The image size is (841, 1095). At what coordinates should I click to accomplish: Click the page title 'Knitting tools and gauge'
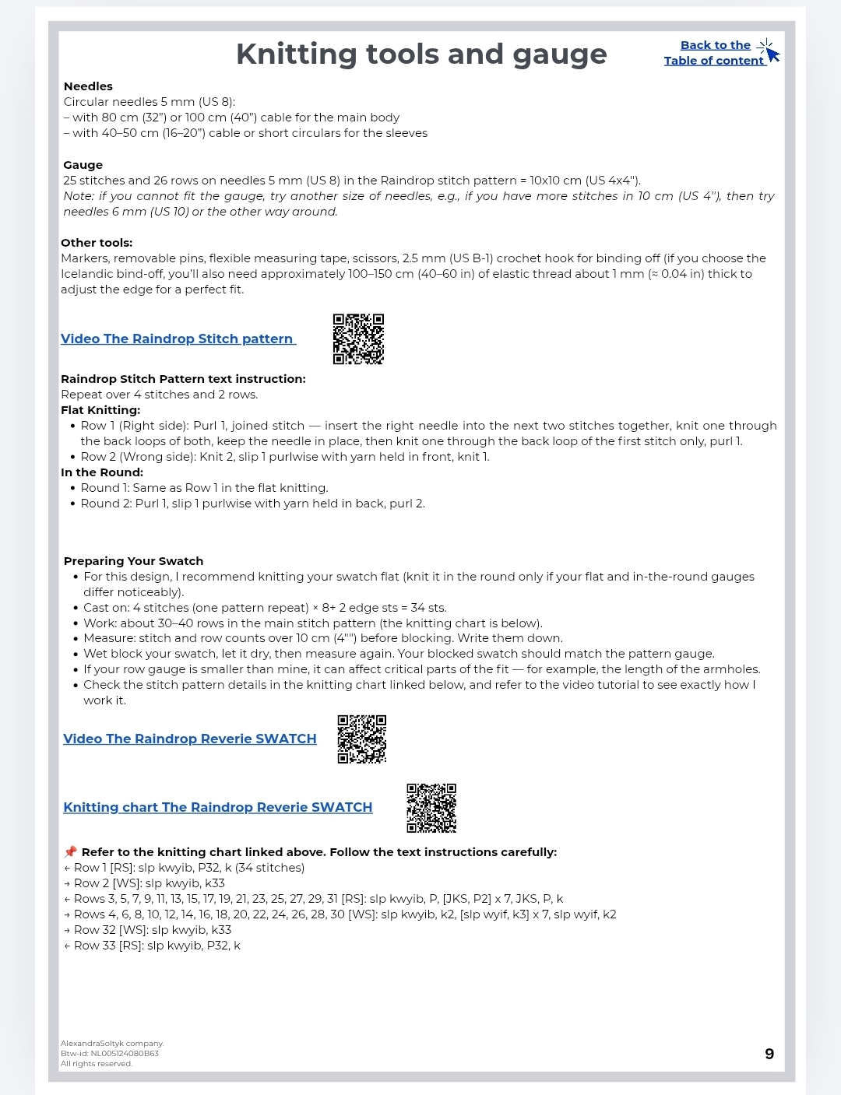click(x=421, y=54)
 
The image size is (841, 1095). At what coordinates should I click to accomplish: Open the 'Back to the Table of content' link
click(x=714, y=53)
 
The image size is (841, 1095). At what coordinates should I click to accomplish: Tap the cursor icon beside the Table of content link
click(x=769, y=51)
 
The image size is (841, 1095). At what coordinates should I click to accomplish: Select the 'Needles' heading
click(x=88, y=86)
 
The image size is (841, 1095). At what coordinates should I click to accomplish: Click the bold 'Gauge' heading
click(x=83, y=165)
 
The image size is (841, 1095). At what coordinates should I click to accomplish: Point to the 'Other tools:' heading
click(x=97, y=243)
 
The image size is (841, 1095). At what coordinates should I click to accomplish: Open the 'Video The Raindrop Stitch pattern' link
click(x=178, y=339)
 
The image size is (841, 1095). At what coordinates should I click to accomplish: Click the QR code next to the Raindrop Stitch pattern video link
click(x=358, y=339)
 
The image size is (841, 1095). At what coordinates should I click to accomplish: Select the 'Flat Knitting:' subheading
click(x=100, y=410)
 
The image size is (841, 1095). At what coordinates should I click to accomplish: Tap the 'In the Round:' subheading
click(x=102, y=472)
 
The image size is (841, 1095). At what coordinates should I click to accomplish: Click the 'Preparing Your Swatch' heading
click(x=133, y=561)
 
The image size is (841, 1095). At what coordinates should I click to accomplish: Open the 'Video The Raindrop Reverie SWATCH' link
click(x=189, y=739)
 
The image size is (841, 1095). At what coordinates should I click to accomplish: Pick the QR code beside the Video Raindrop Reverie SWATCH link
click(x=362, y=739)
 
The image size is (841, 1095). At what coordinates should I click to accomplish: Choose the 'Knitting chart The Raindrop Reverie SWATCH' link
click(x=217, y=807)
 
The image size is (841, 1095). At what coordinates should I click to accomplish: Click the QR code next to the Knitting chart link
click(x=431, y=808)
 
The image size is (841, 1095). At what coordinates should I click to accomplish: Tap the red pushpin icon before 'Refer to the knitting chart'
click(x=70, y=852)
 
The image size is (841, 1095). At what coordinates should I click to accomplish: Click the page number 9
click(x=769, y=1054)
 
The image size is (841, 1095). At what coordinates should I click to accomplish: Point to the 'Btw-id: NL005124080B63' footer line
click(x=110, y=1054)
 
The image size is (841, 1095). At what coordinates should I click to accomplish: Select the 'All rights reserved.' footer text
click(x=97, y=1064)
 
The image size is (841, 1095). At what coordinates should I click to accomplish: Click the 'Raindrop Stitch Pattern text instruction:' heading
click(x=183, y=379)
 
